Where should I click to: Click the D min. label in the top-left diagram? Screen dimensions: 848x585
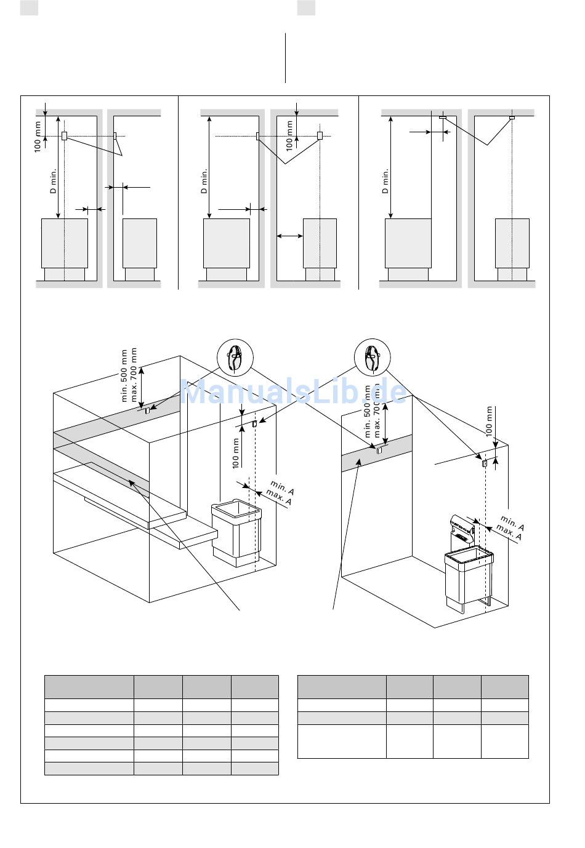coord(53,182)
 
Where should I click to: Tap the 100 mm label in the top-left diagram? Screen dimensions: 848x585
coord(38,137)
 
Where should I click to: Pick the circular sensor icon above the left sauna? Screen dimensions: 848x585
coord(235,357)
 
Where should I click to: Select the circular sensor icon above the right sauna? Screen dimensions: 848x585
coord(373,357)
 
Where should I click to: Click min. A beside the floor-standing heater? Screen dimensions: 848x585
coord(283,487)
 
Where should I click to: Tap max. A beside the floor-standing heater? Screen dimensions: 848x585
coord(279,497)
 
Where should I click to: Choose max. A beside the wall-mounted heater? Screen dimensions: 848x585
coord(509,533)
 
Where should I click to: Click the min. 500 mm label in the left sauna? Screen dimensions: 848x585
coord(125,376)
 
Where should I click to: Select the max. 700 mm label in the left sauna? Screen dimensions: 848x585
coord(134,376)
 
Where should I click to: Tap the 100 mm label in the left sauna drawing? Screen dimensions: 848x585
coord(236,453)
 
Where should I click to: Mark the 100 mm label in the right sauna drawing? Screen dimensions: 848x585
coord(490,421)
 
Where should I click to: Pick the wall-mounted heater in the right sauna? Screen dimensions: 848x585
coord(468,566)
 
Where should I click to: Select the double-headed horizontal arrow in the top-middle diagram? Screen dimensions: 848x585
coord(289,235)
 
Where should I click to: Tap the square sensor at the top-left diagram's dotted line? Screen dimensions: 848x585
coord(64,135)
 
